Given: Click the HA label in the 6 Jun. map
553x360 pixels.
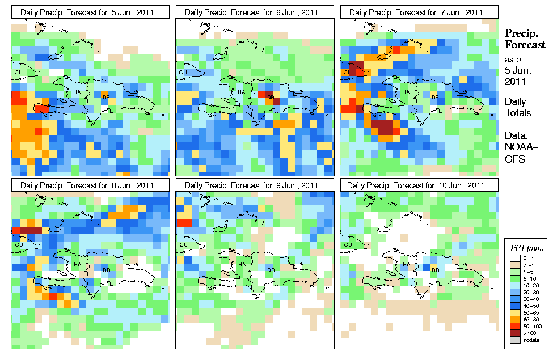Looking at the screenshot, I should click(x=241, y=92).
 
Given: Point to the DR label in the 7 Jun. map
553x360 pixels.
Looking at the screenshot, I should click(x=436, y=97).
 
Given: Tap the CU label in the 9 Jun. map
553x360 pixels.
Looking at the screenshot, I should click(x=183, y=245).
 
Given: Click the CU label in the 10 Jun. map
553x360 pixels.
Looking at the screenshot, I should click(x=347, y=245).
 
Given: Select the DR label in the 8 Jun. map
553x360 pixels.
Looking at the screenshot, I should click(x=107, y=270).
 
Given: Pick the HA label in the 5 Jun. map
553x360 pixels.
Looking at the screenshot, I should click(x=77, y=92).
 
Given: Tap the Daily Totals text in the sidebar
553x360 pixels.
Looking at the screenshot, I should click(x=518, y=107).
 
